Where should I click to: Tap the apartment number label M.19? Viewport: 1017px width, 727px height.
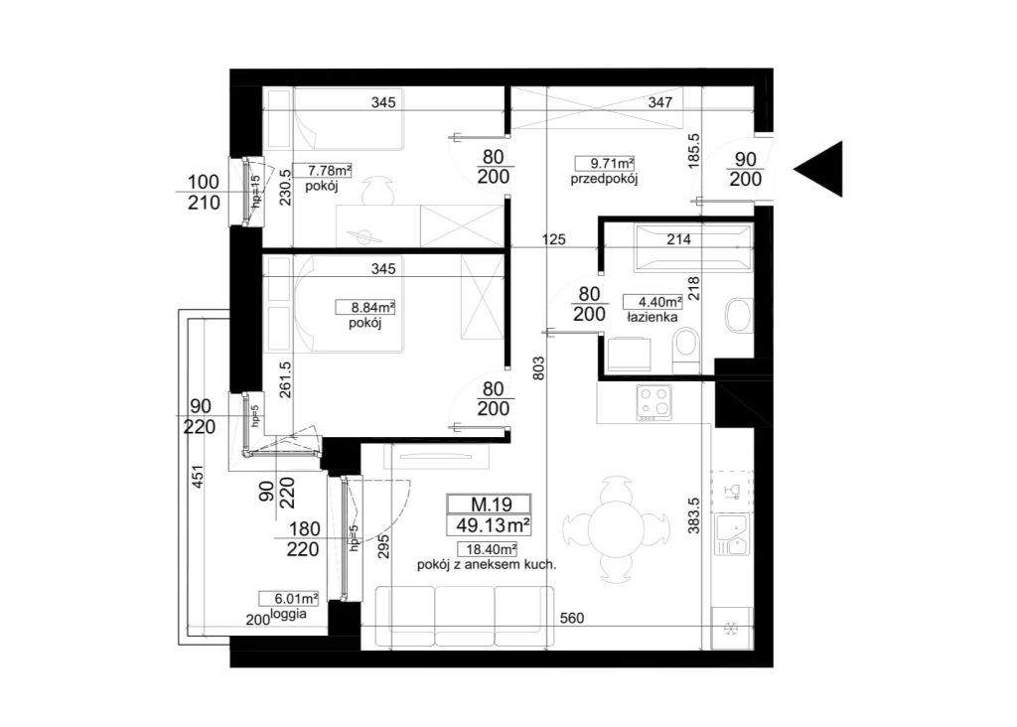(x=491, y=504)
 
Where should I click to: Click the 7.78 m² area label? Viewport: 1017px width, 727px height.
(x=323, y=170)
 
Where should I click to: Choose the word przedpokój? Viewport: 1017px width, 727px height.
(x=604, y=179)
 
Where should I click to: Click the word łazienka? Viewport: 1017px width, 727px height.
(x=652, y=317)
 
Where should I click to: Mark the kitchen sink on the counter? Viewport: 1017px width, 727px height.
(x=731, y=534)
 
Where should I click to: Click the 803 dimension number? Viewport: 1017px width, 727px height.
(x=539, y=367)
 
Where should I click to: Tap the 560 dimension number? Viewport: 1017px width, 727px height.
(x=571, y=618)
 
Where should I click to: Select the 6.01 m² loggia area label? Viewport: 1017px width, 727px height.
(x=288, y=598)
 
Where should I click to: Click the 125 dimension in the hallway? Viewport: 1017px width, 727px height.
(x=553, y=239)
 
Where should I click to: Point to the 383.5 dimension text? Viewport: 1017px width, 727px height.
(x=694, y=515)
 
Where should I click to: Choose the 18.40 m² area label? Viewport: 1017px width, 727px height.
(x=487, y=549)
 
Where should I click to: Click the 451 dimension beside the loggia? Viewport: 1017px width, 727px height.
(x=198, y=477)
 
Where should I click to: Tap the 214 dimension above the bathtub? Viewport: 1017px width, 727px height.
(x=678, y=239)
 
